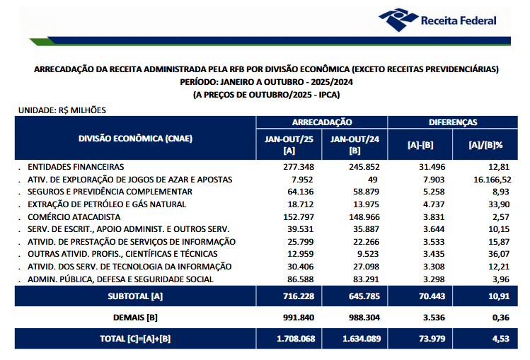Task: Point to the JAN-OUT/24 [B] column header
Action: [x=355, y=145]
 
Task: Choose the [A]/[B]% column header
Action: [x=485, y=145]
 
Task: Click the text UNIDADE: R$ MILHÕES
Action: [x=62, y=110]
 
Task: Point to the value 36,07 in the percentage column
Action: [x=497, y=254]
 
